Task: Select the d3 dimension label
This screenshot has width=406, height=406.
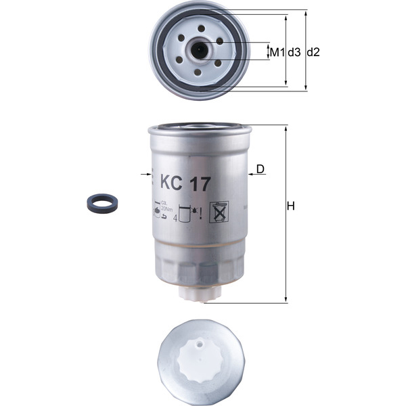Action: pyautogui.click(x=294, y=51)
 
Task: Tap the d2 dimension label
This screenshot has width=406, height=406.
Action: pyautogui.click(x=313, y=51)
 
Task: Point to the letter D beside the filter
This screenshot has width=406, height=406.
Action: pyautogui.click(x=261, y=168)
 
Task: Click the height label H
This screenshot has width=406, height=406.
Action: pyautogui.click(x=291, y=206)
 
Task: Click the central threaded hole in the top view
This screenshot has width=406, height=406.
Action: pyautogui.click(x=200, y=50)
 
